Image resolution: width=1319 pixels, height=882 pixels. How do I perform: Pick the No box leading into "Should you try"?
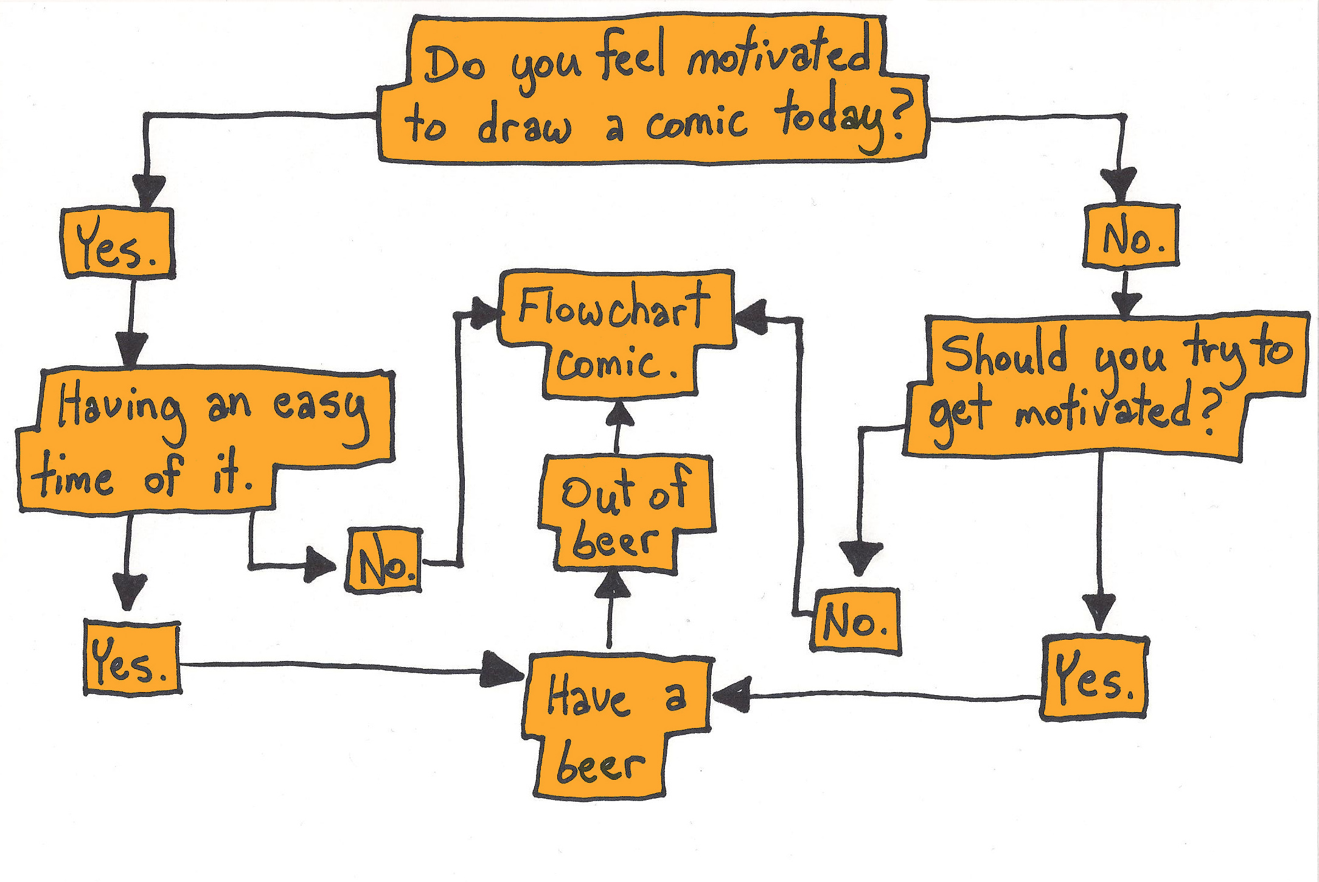point(1131,237)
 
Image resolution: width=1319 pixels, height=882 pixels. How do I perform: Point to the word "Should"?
point(1004,353)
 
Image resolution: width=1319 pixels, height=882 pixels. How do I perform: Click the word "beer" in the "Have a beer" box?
point(599,765)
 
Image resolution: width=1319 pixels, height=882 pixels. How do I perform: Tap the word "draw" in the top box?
point(523,125)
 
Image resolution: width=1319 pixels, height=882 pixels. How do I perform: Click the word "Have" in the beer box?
point(587,698)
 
